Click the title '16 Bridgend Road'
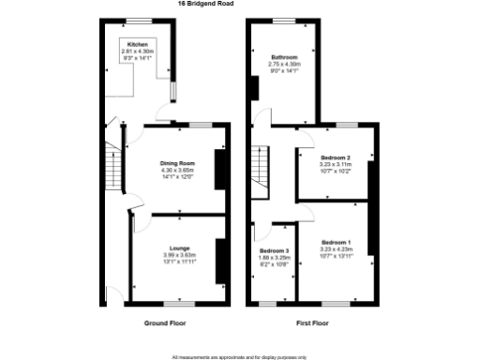(x=206, y=4)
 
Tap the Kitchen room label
(x=137, y=44)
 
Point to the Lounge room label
(x=179, y=247)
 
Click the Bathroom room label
(x=282, y=56)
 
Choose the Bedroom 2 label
(x=335, y=157)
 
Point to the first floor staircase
(x=260, y=172)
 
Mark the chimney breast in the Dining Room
(x=220, y=169)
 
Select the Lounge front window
(x=179, y=303)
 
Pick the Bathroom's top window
(x=285, y=21)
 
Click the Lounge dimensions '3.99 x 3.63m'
(x=179, y=255)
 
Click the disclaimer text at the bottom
(x=239, y=356)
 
